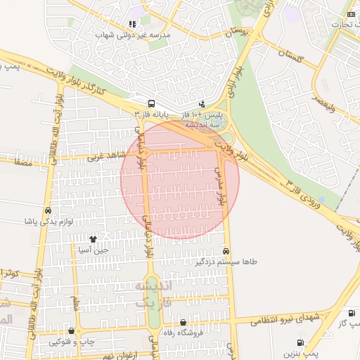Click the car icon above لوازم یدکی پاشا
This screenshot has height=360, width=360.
(47, 211)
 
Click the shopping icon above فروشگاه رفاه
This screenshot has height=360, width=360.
(183, 322)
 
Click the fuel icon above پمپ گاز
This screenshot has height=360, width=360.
(350, 313)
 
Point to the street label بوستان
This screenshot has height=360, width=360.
(235, 32)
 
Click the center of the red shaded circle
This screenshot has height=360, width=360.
(180, 179)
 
